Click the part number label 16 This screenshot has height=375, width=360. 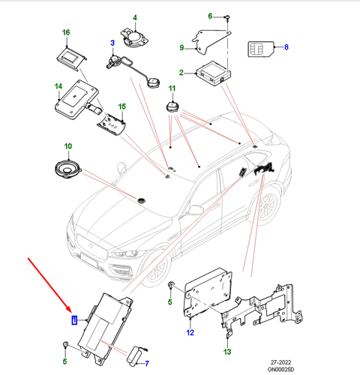[66, 33]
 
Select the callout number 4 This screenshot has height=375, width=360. [135, 16]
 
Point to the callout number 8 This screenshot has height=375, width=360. [285, 46]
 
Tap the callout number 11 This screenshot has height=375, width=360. [171, 89]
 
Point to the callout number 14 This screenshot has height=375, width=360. [57, 88]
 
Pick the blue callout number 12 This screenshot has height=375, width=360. [190, 332]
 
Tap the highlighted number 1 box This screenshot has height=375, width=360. [73, 319]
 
